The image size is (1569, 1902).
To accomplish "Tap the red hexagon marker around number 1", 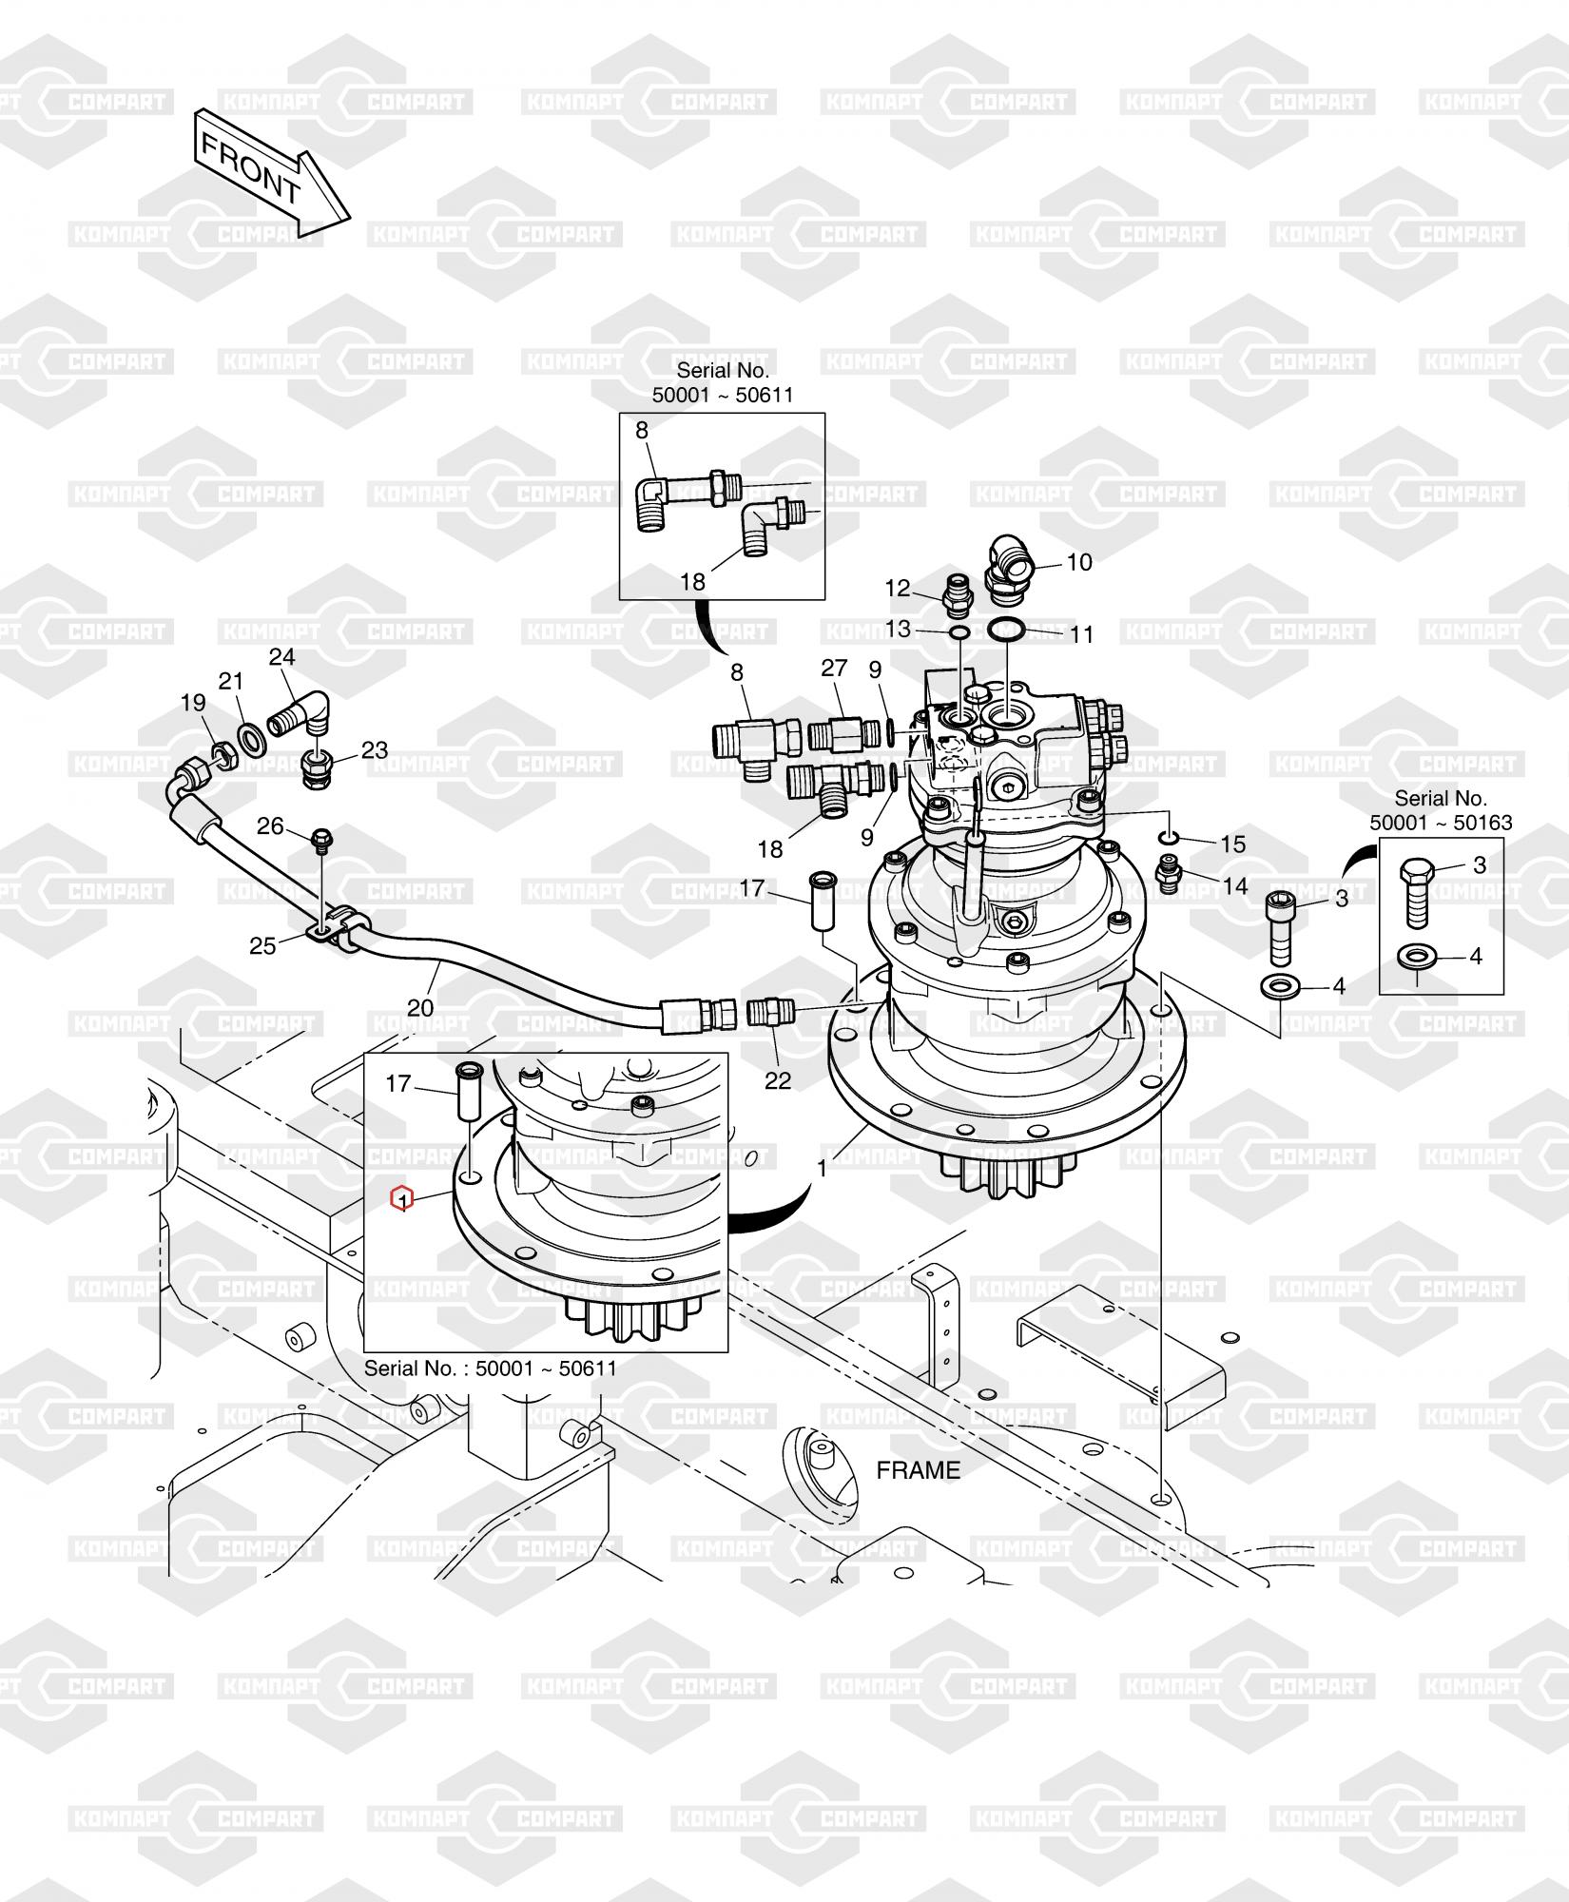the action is [403, 1199].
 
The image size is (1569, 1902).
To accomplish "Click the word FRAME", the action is [918, 1470].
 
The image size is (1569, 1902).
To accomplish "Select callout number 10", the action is [1079, 562].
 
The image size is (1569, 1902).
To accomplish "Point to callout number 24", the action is [282, 656].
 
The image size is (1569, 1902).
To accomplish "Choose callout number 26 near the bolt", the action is [270, 825].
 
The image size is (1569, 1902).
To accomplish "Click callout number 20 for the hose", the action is [420, 1007].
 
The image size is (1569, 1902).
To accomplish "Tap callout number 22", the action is [778, 1080].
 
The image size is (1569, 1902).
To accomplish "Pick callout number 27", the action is [834, 668].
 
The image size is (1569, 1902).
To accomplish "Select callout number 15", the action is [1232, 844].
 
